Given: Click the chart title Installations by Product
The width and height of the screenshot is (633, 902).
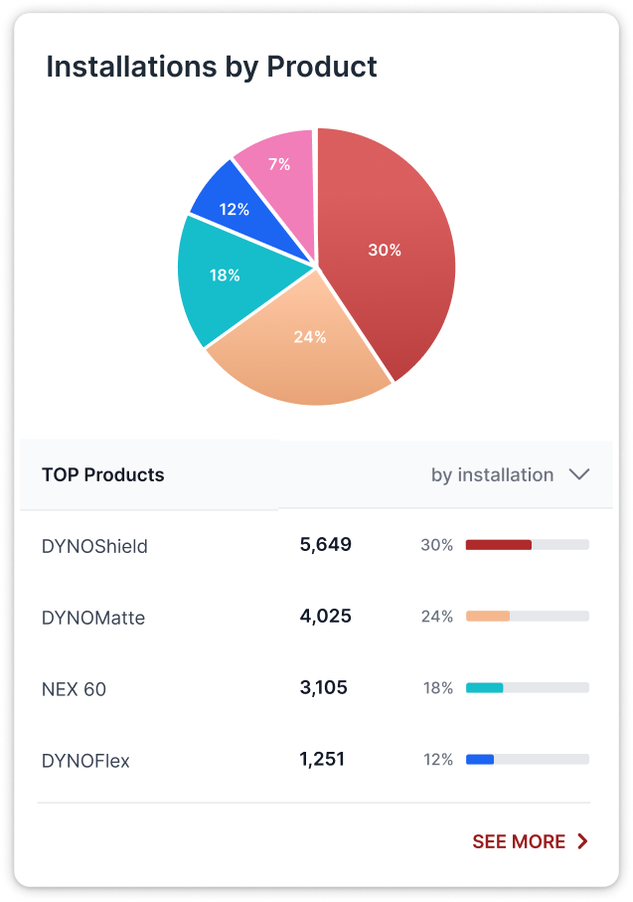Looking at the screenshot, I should point(212,67).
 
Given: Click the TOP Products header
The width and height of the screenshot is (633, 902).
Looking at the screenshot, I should point(103,475).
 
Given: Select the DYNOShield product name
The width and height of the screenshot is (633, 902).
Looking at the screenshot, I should point(94,546).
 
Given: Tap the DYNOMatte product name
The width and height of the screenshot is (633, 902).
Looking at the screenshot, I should point(93,618).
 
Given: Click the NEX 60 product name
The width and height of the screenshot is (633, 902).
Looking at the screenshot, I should point(74,689).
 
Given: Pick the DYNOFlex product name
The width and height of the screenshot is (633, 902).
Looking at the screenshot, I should point(85,761).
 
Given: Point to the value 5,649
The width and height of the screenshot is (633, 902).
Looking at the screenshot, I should point(325,544).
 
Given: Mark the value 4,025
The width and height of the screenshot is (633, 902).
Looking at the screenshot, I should point(325,616).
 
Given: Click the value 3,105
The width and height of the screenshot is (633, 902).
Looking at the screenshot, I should point(323,687).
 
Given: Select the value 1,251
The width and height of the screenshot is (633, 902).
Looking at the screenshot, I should point(322,759).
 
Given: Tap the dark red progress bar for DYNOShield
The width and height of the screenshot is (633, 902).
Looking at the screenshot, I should point(499,545).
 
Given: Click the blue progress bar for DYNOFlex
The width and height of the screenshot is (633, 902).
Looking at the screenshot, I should point(480,760).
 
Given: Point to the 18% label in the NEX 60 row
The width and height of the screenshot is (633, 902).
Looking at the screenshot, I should point(437,688).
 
